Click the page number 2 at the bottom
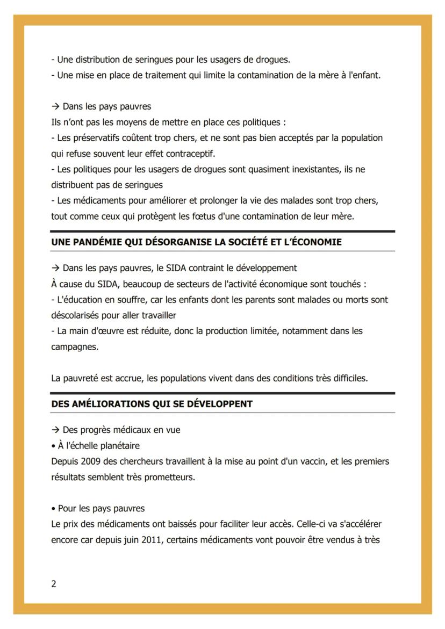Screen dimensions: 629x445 (54, 584)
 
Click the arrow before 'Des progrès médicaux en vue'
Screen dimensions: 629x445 (55, 430)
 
